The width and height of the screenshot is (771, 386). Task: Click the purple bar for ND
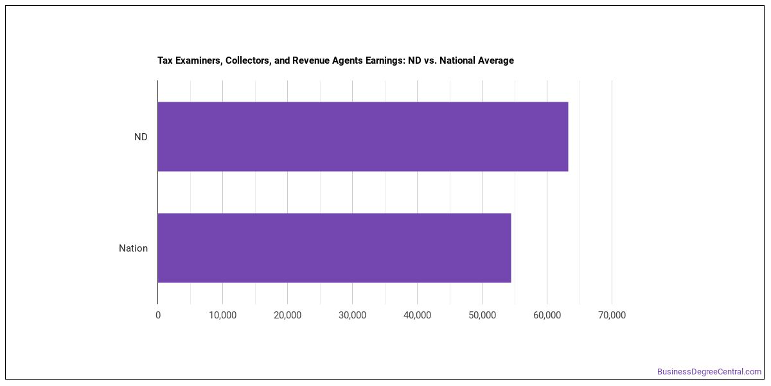363,136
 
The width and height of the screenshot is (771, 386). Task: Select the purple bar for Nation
334,248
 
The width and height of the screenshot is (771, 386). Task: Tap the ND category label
141,137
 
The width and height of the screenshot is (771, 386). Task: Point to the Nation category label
133,248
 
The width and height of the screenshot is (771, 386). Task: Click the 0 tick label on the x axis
158,315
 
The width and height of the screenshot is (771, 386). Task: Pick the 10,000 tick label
223,315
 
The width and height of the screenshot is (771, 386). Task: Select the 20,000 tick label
287,315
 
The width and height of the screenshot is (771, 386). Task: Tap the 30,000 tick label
353,315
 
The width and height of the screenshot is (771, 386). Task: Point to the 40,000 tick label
417,315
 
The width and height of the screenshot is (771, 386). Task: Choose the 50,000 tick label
483,315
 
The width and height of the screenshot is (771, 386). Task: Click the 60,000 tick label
547,315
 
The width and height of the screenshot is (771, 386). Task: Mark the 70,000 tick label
612,315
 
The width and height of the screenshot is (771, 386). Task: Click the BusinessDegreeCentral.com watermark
709,372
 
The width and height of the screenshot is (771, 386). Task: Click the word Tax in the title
165,60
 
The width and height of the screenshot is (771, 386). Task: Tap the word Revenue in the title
311,60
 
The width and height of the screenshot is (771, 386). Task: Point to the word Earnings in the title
385,60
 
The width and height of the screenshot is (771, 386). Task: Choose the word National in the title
456,60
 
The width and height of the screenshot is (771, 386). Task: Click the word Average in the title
495,60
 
